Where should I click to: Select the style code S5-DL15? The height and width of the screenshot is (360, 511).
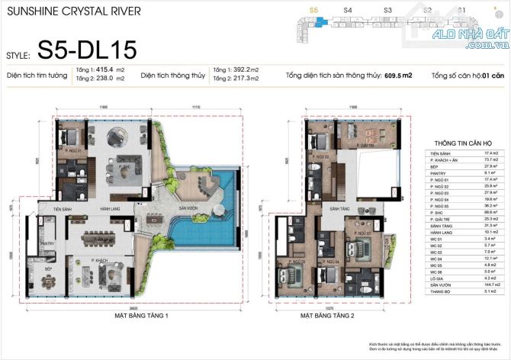pyautogui.click(x=88, y=51)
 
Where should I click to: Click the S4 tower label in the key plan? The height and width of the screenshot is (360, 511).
pyautogui.click(x=348, y=11)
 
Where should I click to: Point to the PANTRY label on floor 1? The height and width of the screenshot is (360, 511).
pyautogui.click(x=45, y=243)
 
